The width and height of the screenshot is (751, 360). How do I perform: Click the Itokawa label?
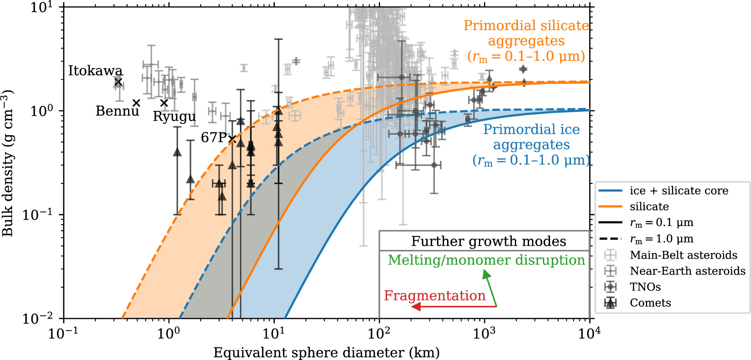click(x=95, y=71)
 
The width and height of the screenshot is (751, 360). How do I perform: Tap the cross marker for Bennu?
click(x=136, y=103)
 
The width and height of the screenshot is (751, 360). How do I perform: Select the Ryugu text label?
click(x=174, y=116)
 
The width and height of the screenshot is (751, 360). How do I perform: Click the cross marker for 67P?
click(x=232, y=139)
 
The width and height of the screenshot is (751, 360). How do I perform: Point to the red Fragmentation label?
click(x=435, y=296)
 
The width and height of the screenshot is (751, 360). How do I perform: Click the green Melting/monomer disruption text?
click(x=486, y=260)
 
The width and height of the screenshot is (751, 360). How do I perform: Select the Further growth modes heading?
click(x=488, y=241)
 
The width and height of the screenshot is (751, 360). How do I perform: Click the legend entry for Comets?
click(x=650, y=303)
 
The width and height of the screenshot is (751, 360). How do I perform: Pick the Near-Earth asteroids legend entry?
click(x=687, y=271)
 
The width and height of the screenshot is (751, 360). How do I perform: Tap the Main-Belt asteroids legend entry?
click(x=683, y=255)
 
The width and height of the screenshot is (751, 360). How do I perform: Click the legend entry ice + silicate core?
click(x=679, y=191)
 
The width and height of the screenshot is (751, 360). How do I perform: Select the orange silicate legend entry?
click(x=649, y=206)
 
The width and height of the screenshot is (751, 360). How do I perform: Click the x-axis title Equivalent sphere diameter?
click(x=327, y=352)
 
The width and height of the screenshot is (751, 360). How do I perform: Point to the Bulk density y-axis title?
click(x=8, y=163)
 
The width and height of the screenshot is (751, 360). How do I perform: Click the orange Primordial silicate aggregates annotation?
click(x=526, y=41)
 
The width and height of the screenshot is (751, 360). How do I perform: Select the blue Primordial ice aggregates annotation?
click(x=531, y=144)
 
